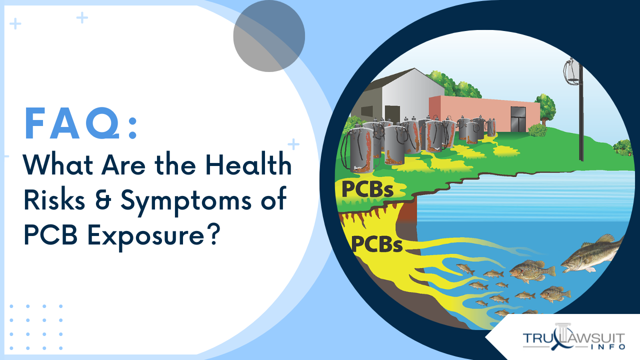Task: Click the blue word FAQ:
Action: [x=80, y=123]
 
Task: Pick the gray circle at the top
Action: [x=269, y=36]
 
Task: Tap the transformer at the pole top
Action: [x=571, y=72]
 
